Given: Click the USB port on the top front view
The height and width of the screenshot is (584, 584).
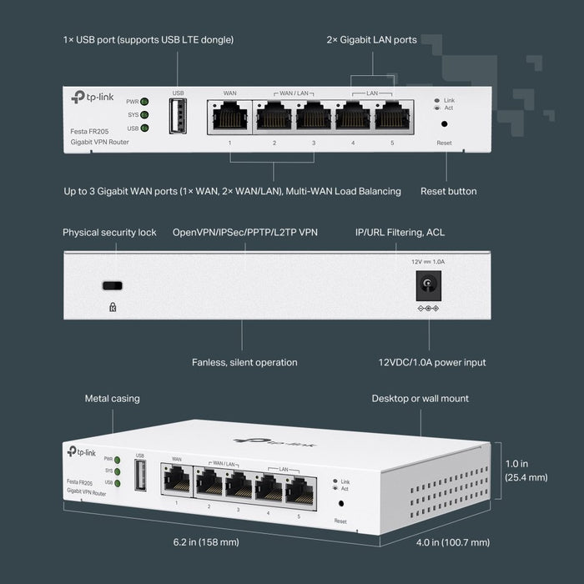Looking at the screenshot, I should [x=177, y=116].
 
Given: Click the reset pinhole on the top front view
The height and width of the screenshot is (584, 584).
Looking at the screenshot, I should [x=444, y=123].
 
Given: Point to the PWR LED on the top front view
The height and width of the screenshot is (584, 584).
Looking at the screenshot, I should [x=144, y=101].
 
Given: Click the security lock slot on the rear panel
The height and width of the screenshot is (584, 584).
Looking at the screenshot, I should [x=112, y=285].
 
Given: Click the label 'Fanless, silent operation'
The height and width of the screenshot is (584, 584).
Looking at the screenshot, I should [x=244, y=362].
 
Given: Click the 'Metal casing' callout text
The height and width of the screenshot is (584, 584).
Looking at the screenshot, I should [x=113, y=399].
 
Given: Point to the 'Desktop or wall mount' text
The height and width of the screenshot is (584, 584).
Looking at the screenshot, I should [x=420, y=399].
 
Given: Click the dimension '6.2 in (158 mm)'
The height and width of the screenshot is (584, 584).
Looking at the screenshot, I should [x=206, y=542].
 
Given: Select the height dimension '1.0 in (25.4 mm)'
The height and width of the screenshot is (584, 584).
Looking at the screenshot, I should [x=526, y=471].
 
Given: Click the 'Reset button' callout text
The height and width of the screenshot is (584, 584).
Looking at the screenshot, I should [x=449, y=191].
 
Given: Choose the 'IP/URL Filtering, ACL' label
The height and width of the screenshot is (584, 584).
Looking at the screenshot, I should [x=400, y=232].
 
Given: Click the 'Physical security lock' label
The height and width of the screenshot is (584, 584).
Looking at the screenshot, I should [x=109, y=232].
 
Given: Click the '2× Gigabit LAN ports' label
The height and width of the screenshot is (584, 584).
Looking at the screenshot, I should [x=370, y=40].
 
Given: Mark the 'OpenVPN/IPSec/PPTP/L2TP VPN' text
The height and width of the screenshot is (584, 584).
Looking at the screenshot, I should [x=244, y=232].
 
